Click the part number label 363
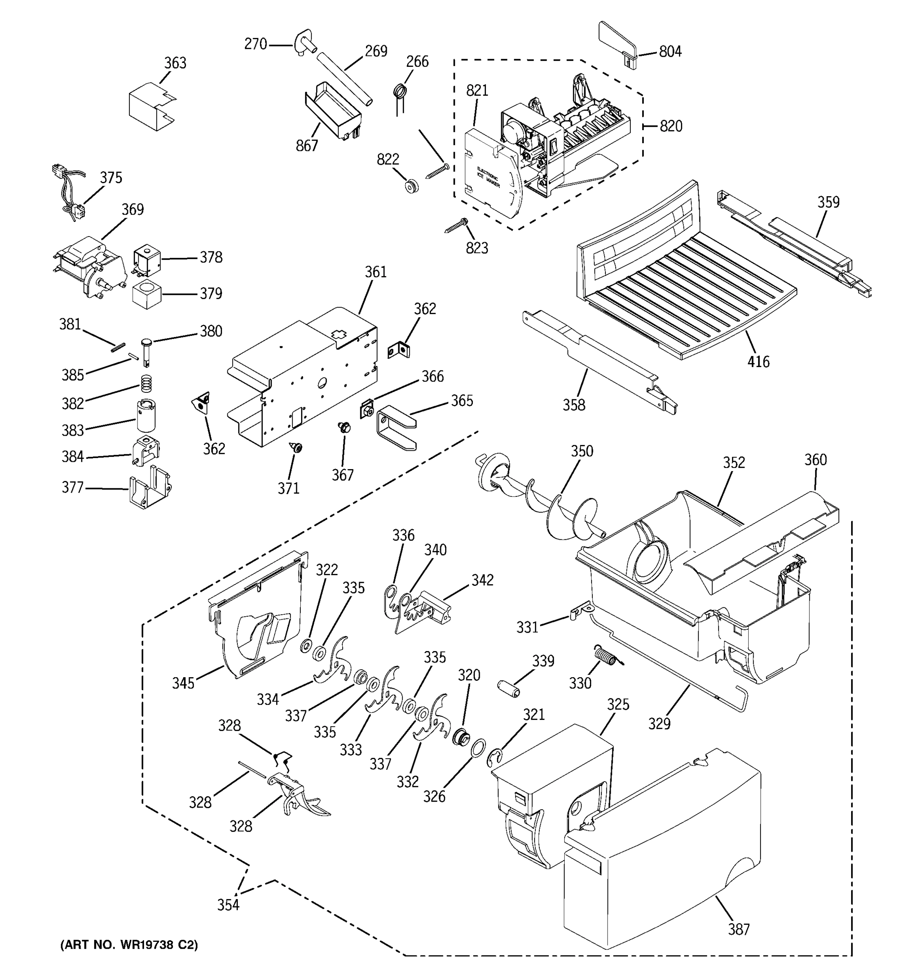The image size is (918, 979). tap(175, 63)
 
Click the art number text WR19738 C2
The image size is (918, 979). tap(129, 944)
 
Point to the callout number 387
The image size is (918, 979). tap(739, 929)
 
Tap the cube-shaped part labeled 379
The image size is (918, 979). tap(147, 295)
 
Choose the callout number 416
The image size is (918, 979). tap(758, 362)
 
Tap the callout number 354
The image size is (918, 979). tap(228, 905)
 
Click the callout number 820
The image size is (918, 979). tap(671, 126)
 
